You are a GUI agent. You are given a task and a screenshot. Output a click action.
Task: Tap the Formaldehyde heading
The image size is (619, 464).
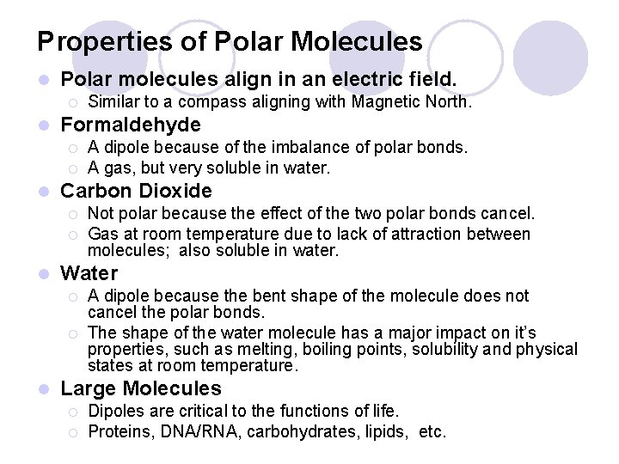click(x=131, y=125)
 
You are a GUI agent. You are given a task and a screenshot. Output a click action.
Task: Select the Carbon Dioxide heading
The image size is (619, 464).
click(x=136, y=190)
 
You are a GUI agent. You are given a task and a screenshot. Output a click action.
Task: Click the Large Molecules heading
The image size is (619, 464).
click(x=141, y=388)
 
